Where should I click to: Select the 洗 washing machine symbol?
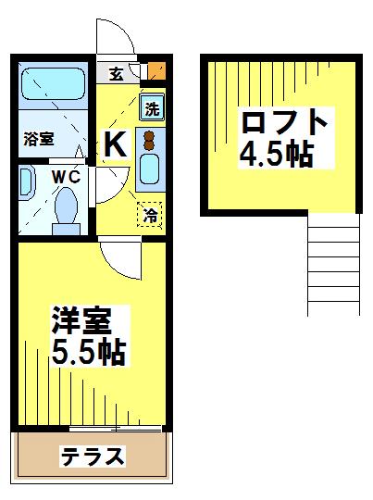152,106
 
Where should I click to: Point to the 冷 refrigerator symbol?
151,214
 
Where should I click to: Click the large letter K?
116,144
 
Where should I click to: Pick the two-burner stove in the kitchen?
149,139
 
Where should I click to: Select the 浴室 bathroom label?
39,139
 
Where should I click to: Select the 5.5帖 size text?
88,352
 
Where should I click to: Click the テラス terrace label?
93,456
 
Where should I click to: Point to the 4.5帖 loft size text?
275,153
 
